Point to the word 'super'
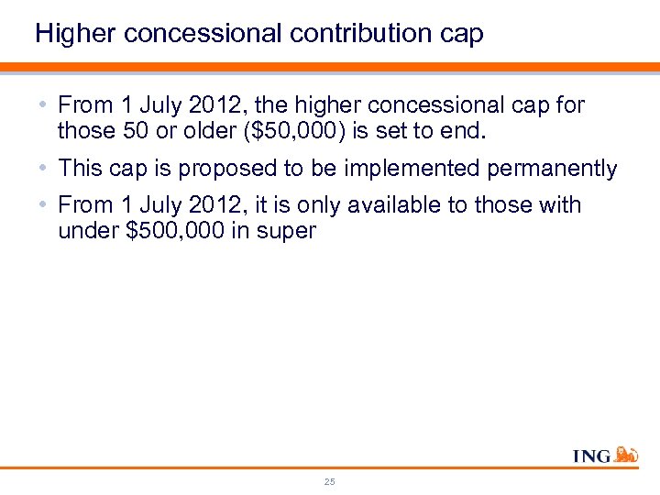287,231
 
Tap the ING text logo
592,456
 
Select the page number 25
329,481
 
